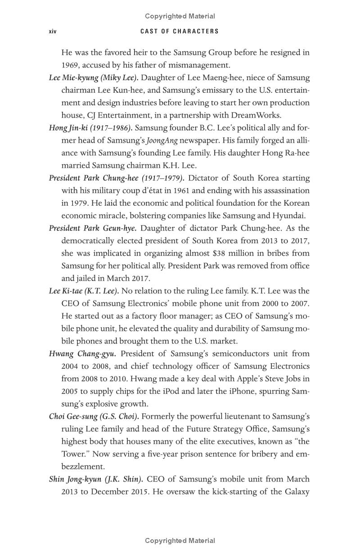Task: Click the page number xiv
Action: click(52, 32)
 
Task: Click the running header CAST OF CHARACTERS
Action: click(180, 32)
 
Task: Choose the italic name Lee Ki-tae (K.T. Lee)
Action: click(84, 291)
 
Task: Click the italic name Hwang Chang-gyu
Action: click(82, 354)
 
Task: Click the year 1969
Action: click(71, 65)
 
